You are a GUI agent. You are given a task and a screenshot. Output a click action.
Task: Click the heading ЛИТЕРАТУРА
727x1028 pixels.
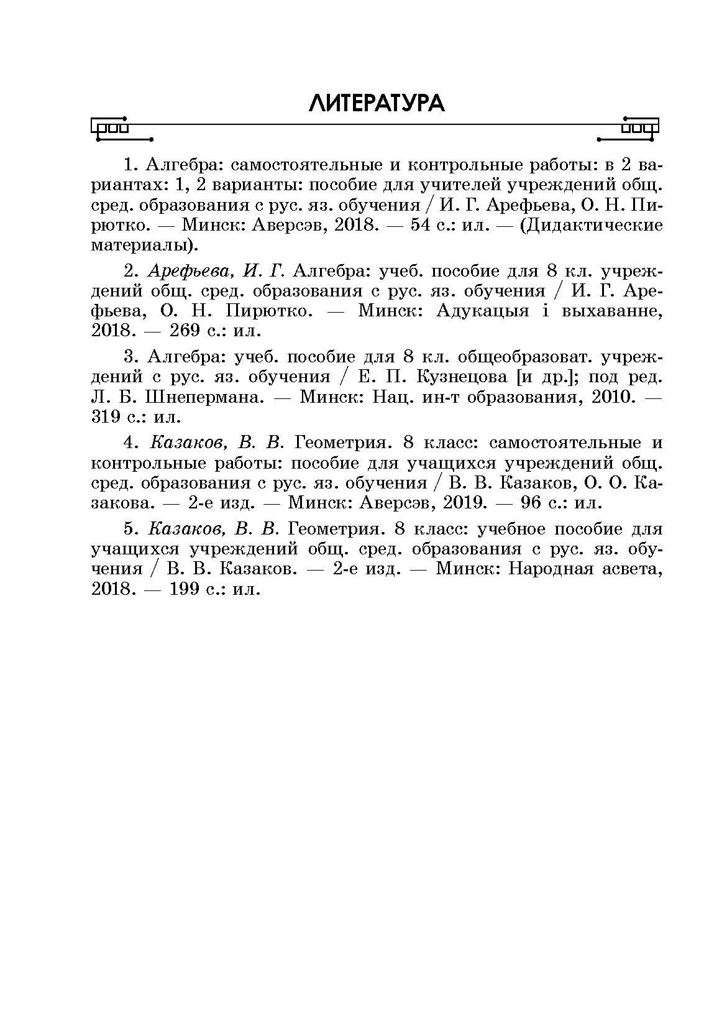pyautogui.click(x=377, y=104)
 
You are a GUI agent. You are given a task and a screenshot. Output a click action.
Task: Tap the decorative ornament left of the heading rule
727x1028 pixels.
pyautogui.click(x=122, y=130)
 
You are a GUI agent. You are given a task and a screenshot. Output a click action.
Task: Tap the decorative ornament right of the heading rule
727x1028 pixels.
pyautogui.click(x=628, y=130)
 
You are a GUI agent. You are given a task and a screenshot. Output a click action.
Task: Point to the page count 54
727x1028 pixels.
pyautogui.click(x=421, y=225)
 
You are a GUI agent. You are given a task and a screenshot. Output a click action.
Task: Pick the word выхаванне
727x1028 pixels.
pyautogui.click(x=611, y=311)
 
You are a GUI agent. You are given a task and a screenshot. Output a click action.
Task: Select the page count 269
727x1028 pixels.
pyautogui.click(x=184, y=331)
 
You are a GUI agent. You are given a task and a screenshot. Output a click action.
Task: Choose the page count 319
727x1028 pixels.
pyautogui.click(x=106, y=417)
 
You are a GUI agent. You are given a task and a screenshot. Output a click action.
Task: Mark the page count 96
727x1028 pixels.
pyautogui.click(x=531, y=503)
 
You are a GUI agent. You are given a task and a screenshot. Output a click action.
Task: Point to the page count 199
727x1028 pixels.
pyautogui.click(x=184, y=589)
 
